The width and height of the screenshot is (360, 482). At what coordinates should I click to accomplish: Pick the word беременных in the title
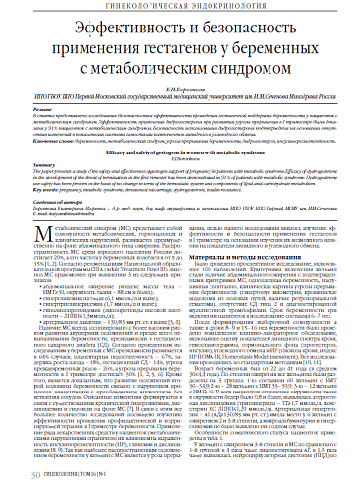[281, 50]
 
